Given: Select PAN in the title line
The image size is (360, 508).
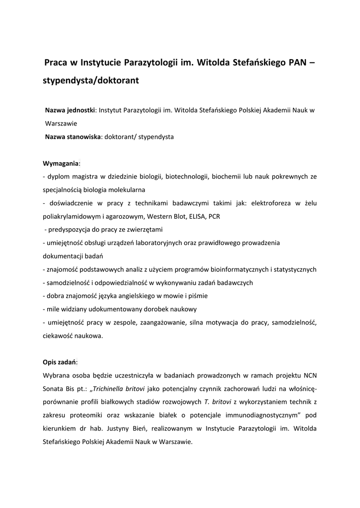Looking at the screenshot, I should click(x=298, y=63).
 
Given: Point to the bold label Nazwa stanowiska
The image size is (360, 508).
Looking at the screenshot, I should click(x=73, y=136).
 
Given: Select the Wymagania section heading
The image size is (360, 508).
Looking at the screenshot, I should click(x=62, y=163).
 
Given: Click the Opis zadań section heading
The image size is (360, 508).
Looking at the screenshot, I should click(x=60, y=362).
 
